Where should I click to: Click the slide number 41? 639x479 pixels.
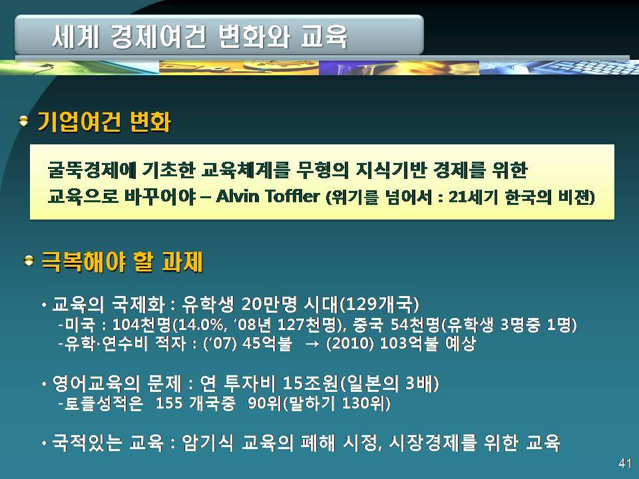(625, 463)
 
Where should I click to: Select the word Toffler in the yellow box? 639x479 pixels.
(292, 197)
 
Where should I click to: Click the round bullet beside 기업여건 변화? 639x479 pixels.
(24, 120)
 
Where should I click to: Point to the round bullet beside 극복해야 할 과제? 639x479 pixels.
(29, 260)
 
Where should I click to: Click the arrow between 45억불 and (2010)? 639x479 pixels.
(312, 344)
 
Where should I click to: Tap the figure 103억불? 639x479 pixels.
(409, 343)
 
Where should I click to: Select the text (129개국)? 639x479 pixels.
(379, 304)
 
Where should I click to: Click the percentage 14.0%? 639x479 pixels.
(202, 325)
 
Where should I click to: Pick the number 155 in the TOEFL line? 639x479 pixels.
(168, 403)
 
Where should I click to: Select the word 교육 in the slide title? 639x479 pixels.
(324, 36)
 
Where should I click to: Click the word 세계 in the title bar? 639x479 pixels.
(75, 36)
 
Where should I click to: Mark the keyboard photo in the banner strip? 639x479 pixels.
(559, 67)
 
